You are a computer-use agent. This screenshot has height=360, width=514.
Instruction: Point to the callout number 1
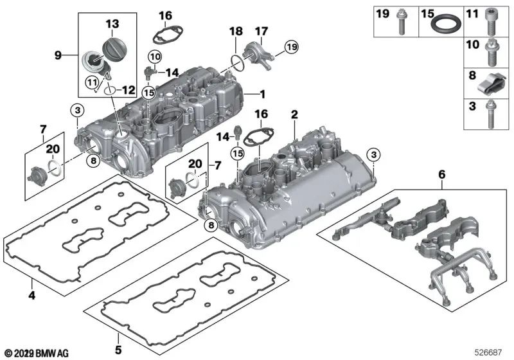point(261,94)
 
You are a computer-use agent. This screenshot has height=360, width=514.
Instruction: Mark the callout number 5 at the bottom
point(117,350)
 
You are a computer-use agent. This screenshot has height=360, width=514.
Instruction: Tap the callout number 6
point(441,174)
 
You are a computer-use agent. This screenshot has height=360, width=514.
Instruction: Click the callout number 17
point(261,31)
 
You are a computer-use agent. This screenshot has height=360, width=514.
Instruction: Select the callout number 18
point(236,31)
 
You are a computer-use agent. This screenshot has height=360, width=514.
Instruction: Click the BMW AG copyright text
point(37,353)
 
